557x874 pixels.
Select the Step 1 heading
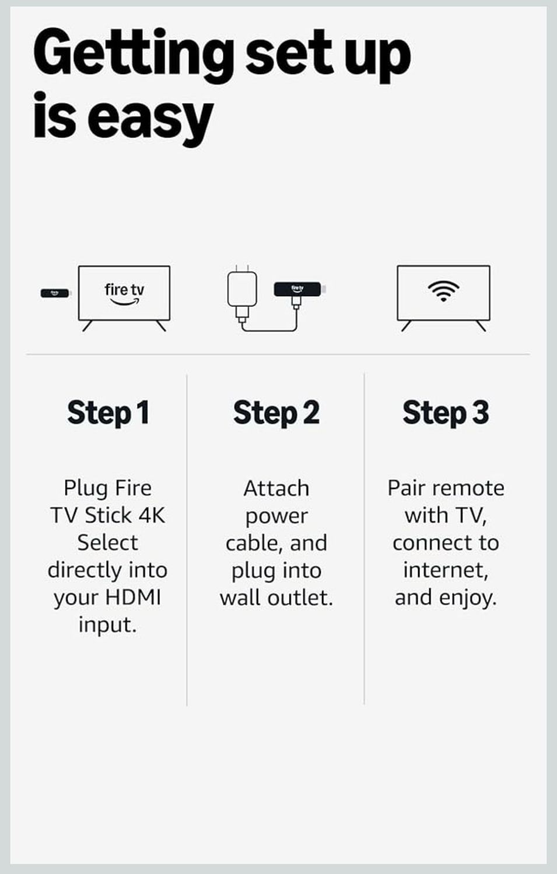[108, 413]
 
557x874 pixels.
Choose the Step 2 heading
[276, 413]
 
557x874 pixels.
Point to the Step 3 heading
[446, 413]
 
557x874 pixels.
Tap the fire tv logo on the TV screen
[124, 292]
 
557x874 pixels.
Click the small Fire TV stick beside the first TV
[55, 293]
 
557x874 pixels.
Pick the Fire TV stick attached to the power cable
[298, 288]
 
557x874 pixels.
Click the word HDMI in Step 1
[133, 597]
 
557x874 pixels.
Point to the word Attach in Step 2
[276, 488]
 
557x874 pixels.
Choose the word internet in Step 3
[446, 570]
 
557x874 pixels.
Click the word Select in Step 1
[108, 542]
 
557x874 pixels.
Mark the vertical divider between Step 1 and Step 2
[187, 539]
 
